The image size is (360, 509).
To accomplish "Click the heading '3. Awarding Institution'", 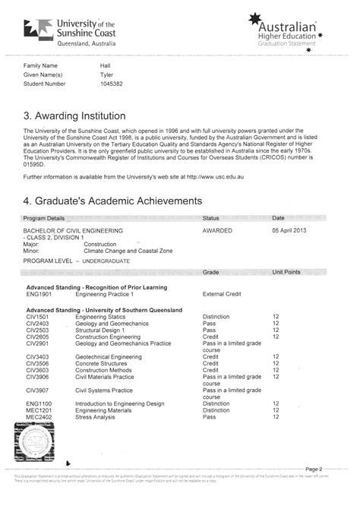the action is pos(74,116).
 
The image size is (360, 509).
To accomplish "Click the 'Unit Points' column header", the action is pos(287,271).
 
